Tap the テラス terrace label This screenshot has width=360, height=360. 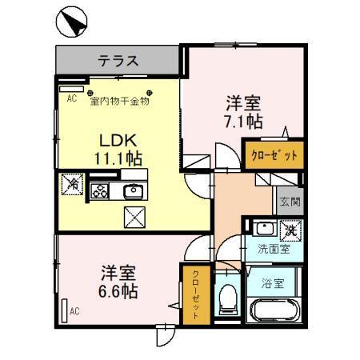click(x=119, y=60)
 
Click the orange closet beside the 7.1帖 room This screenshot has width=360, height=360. click(x=274, y=154)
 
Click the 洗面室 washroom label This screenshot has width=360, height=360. click(x=273, y=249)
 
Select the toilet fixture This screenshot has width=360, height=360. click(x=228, y=300)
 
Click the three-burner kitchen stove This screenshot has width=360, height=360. click(x=101, y=190)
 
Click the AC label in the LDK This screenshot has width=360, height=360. click(x=71, y=98)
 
